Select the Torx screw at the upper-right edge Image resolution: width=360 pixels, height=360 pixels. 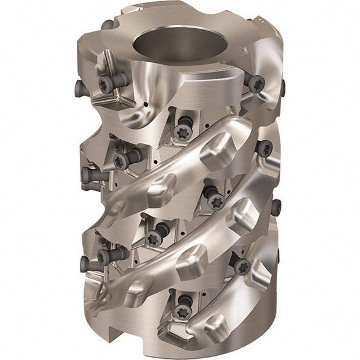coord(257,82)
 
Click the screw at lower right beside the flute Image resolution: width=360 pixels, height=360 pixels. coord(241,264)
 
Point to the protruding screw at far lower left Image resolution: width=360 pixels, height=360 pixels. coord(86,262)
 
